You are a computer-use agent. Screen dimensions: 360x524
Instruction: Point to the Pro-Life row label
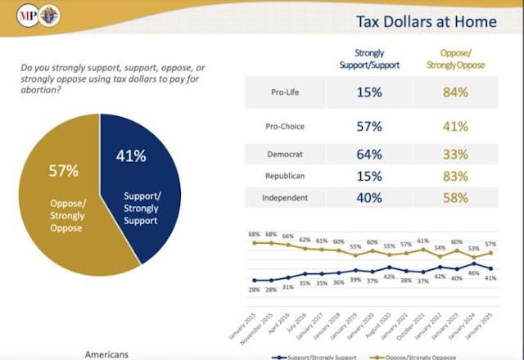point(284,92)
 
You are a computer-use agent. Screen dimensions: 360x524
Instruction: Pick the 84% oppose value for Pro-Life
point(456,92)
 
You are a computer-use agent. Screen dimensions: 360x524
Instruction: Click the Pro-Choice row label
point(283,126)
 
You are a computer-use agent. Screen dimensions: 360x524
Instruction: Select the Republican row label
point(283,176)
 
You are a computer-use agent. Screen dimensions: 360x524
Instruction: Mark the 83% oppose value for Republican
point(456,176)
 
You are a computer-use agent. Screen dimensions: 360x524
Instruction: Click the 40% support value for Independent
point(369,196)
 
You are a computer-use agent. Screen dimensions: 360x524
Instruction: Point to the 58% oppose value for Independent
point(456,196)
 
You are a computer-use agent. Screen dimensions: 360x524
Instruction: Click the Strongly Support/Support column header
point(369,58)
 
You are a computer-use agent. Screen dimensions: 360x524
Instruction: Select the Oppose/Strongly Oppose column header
point(456,58)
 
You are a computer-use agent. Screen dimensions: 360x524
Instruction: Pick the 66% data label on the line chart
point(287,236)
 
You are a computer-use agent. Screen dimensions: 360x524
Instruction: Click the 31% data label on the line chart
point(287,287)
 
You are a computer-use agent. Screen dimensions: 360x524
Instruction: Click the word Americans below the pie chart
point(107,354)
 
